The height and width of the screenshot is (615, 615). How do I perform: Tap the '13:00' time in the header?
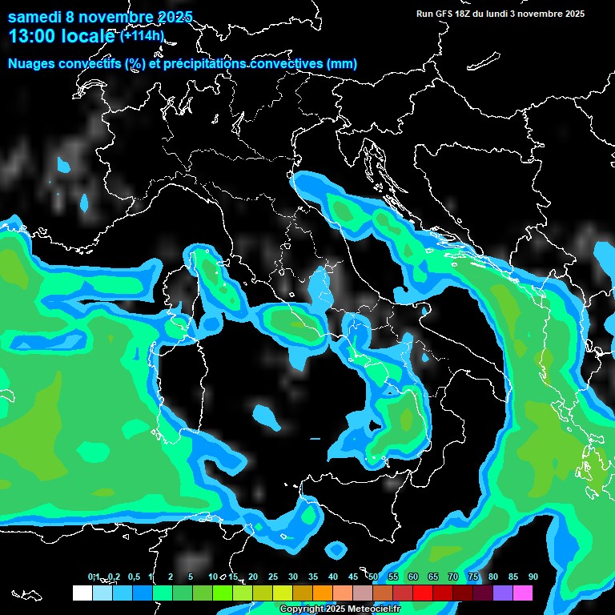31,36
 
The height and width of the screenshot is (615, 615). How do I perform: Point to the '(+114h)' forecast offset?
143,36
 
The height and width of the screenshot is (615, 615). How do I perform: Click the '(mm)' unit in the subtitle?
342,63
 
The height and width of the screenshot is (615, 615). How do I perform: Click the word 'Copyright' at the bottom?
300,609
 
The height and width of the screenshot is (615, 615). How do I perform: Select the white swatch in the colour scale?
82,593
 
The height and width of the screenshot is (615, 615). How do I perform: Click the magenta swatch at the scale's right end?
523,593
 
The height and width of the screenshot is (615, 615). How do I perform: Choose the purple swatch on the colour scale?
503,593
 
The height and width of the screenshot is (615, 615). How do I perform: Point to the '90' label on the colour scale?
533,577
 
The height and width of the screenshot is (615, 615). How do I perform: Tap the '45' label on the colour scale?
353,577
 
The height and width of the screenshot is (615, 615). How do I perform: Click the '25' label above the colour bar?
273,577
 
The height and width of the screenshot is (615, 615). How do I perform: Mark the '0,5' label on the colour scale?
134,577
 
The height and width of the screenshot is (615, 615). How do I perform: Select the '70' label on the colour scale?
453,577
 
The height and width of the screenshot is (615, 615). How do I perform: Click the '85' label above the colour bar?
513,577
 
